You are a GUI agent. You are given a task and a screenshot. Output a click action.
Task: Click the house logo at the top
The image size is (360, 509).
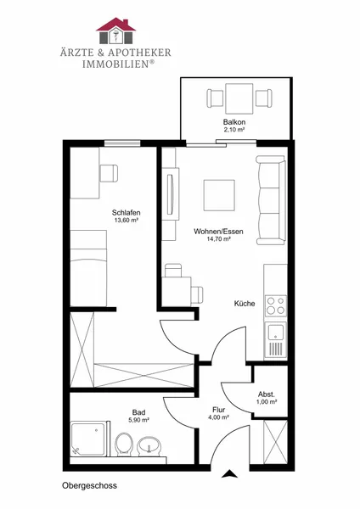point(115,31)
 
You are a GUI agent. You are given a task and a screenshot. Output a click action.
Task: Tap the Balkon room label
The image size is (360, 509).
point(234,122)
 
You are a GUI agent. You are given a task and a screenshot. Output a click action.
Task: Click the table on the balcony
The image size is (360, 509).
point(239,98)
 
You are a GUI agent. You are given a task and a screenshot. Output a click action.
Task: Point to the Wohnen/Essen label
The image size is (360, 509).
point(218,232)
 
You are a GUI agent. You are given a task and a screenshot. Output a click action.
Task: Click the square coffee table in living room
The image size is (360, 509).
point(219,195)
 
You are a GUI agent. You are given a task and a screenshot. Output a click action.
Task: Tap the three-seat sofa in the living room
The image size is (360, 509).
point(271,200)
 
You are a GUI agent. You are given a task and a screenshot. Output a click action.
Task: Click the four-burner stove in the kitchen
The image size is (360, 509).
point(276,305)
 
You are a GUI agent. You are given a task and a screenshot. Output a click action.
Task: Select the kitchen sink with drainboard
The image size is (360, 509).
point(276,339)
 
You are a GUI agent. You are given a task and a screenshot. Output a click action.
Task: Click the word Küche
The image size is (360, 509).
point(245,304)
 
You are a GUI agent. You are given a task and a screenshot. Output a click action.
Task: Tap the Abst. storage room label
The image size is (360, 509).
point(267,394)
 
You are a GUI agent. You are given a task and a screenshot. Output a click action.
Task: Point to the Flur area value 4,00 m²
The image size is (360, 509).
point(219,417)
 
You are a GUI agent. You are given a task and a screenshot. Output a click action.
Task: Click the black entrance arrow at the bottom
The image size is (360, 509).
point(230,473)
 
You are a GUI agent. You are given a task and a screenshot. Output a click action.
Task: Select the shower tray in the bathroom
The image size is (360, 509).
point(88,439)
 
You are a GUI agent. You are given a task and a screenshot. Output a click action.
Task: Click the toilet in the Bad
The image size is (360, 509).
point(124,444)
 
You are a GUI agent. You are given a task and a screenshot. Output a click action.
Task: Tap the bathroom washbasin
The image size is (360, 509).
point(149,446)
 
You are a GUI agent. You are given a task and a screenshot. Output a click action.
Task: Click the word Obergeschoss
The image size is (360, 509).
point(89,486)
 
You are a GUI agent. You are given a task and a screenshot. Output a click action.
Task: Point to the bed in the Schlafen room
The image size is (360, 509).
point(88,268)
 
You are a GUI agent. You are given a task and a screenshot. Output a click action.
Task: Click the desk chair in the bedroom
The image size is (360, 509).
point(109,173)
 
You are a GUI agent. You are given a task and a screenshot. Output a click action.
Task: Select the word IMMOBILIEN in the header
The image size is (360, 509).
point(115,64)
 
